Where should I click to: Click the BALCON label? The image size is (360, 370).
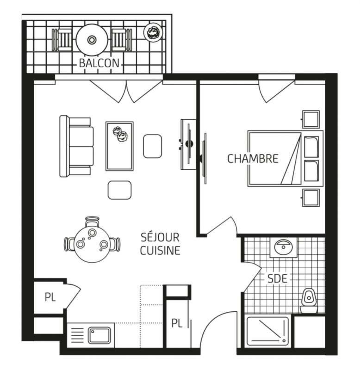coord(99,63)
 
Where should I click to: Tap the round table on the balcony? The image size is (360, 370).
coord(92,40)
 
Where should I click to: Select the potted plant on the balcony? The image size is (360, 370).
coord(153,32)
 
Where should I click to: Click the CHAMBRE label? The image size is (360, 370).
coord(253,159)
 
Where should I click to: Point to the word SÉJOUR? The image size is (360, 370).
coord(160,237)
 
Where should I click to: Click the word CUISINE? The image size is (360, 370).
coord(160,250)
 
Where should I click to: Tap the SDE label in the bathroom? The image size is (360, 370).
coord(277,279)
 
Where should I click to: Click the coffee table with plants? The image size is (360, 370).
coord(119,146)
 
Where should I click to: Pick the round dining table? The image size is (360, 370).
coord(92,245)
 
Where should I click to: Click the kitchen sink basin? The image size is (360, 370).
coord(99,335)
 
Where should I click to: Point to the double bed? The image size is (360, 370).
coord(286,158)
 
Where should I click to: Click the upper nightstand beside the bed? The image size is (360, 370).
coord(311,119)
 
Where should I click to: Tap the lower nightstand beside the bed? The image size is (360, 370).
coord(311,198)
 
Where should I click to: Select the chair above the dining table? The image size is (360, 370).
coord(92,222)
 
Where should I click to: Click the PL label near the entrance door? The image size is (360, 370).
coord(177,323)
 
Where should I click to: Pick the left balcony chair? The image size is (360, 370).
coord(62,40)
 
